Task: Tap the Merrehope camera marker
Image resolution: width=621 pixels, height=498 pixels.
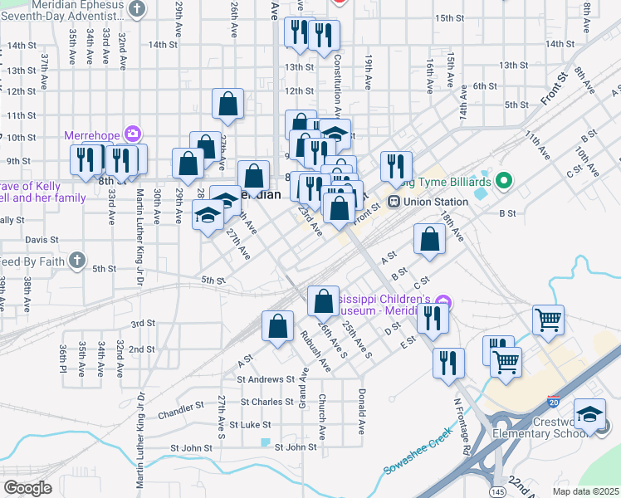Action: click(x=132, y=134)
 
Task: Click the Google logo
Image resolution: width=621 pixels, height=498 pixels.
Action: click(x=27, y=487)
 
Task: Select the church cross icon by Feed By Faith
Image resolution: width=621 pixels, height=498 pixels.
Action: click(x=76, y=261)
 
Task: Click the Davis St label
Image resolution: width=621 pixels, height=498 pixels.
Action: click(x=41, y=240)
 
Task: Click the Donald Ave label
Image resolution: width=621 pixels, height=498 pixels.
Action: click(x=362, y=412)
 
